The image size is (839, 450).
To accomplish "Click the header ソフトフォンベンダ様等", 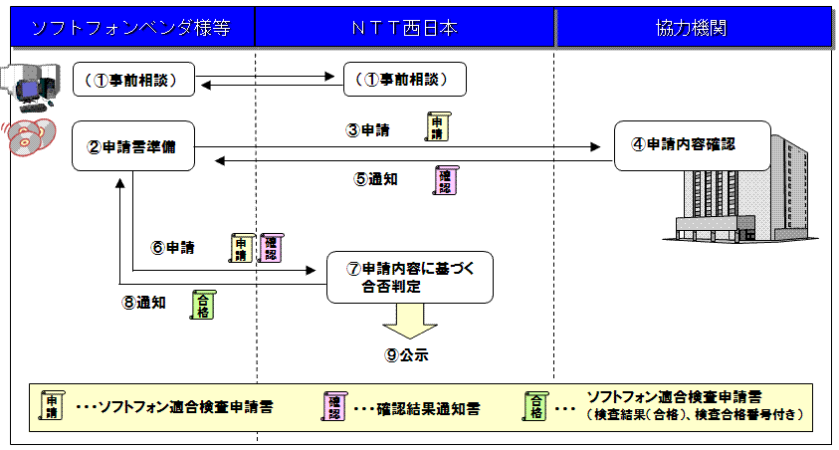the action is pos(131,28).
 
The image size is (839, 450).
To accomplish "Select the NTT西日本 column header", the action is pos(404,28).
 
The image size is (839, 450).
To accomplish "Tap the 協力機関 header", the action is pos(691,28).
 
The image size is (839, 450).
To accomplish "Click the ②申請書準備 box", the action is pos(133,146).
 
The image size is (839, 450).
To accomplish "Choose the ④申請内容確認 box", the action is pos(693,145).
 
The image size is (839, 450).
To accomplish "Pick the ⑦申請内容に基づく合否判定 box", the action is pos(410,277).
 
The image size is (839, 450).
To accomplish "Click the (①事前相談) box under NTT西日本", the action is pos(404,80).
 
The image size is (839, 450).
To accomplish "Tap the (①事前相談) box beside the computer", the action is pos(133,80).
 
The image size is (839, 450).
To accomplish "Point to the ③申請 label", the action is pos(367,130).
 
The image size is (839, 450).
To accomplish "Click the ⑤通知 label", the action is pos(375,179).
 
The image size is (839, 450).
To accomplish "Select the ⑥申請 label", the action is pos(173,248).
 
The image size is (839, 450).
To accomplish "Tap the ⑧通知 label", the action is pos(144,303).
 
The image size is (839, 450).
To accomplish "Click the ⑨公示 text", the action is pos(406,354).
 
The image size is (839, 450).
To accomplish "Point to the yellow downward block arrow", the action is pos(410,321).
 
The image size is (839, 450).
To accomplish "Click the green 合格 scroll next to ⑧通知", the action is pos(203,305).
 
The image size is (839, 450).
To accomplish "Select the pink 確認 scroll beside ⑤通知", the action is pos(445,180).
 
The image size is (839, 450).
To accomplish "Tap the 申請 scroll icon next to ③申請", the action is pos(438,126).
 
